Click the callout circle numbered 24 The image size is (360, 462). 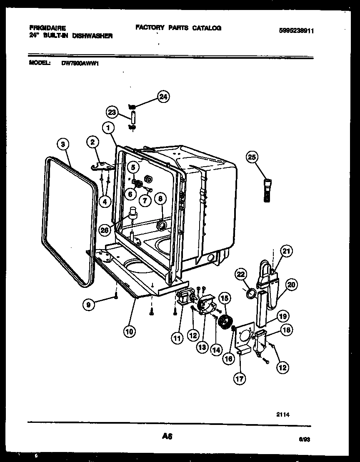(x=163, y=97)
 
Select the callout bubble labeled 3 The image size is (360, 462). (x=62, y=145)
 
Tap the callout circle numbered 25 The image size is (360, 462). (x=252, y=157)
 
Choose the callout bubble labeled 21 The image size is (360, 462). (x=286, y=251)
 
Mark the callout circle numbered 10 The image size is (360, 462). (x=130, y=332)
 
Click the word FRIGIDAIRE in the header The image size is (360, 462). (x=47, y=29)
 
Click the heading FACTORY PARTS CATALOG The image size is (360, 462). (x=178, y=28)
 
